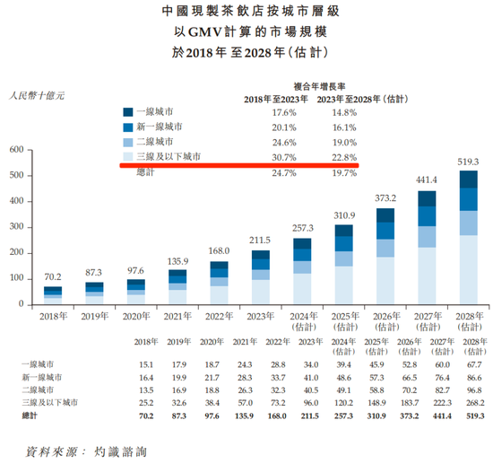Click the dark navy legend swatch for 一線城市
(x=128, y=112)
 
